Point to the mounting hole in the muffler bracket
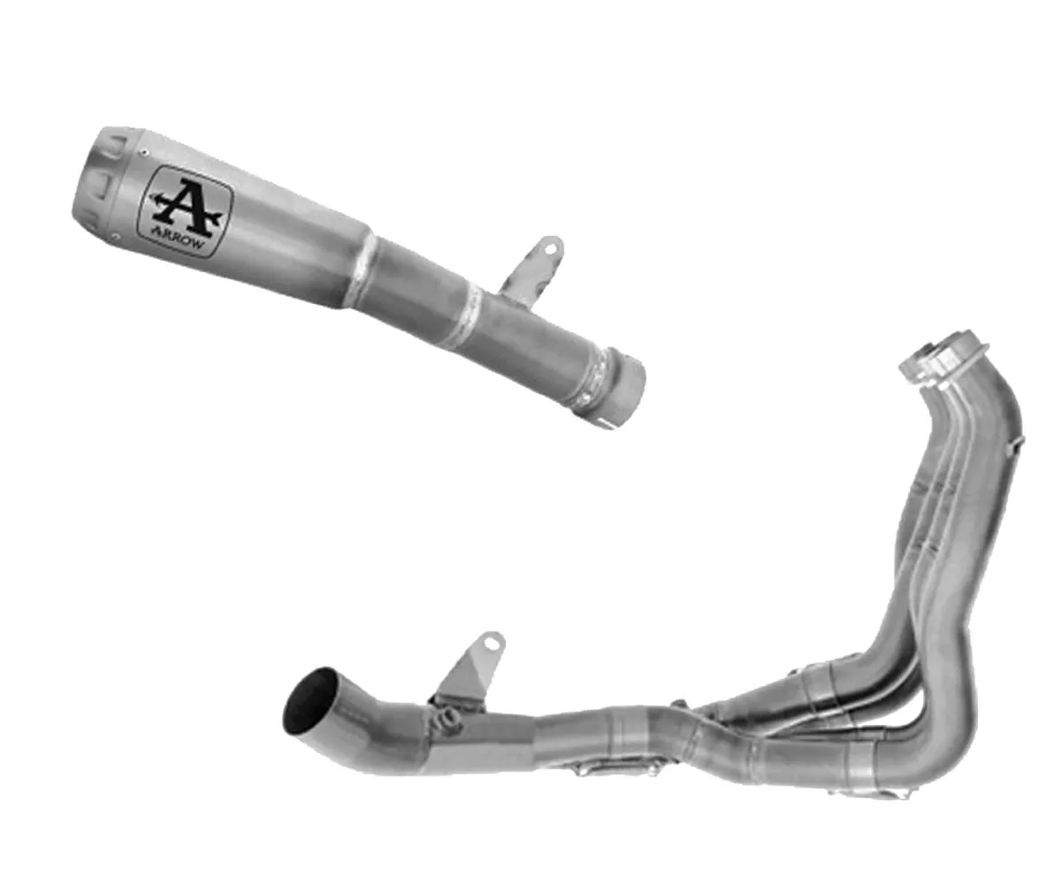[552, 249]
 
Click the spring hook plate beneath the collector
[610, 767]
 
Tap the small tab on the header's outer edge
[1019, 439]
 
